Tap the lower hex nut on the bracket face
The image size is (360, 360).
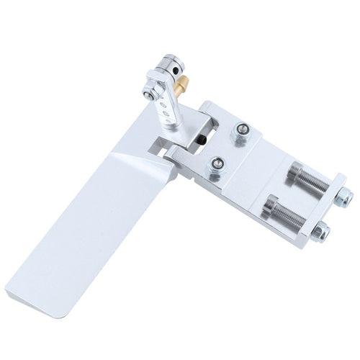pyautogui.click(x=217, y=166)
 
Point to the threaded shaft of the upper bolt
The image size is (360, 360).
pyautogui.click(x=317, y=184)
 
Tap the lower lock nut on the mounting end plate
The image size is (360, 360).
pyautogui.click(x=322, y=231)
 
